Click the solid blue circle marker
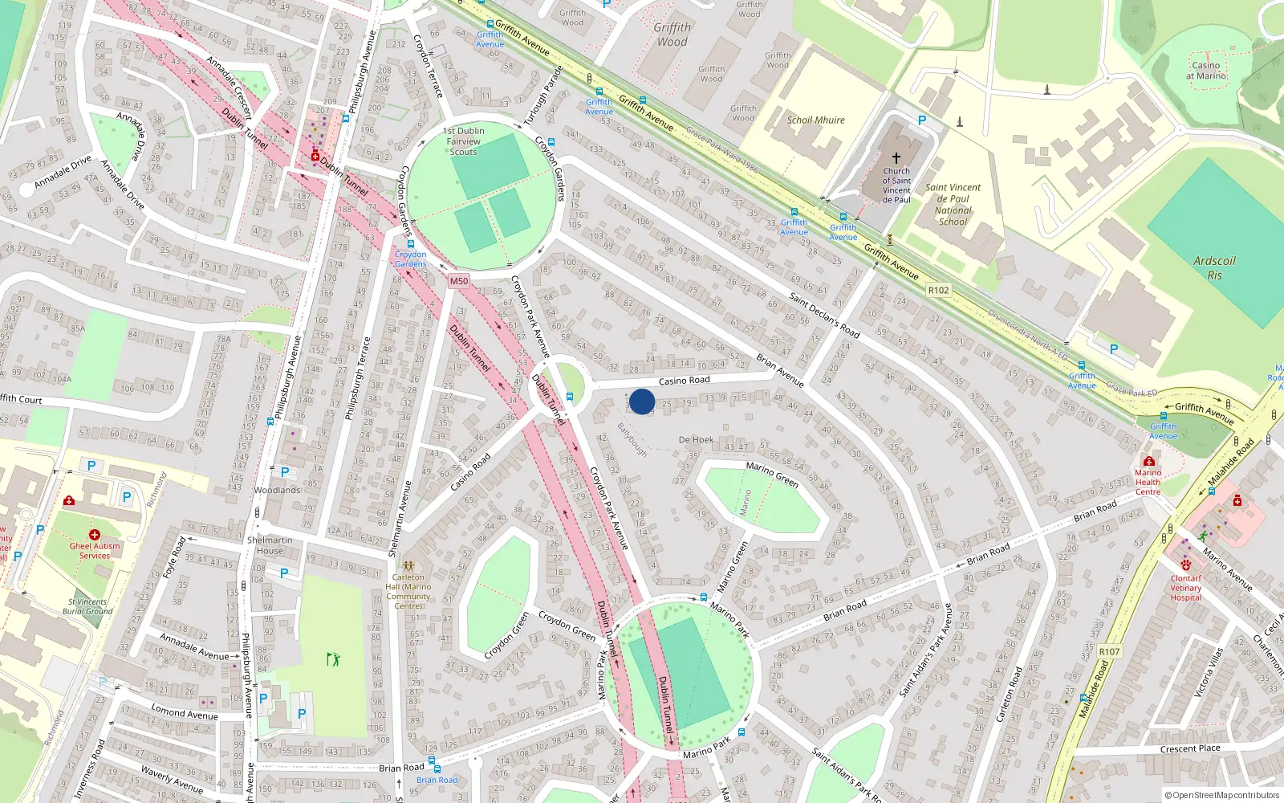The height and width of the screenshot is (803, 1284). [642, 401]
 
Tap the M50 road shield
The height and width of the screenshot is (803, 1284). [459, 281]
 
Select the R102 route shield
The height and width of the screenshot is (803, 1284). [938, 291]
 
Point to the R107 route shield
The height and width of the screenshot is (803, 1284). [1109, 651]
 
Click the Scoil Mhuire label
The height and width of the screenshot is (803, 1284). [815, 120]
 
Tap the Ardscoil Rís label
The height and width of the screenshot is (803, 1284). [1214, 267]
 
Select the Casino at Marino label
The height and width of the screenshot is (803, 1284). [1206, 71]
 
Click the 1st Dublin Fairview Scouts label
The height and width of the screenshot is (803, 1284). [464, 141]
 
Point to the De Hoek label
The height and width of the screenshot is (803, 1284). [696, 440]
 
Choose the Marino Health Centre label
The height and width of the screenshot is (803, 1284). [1148, 482]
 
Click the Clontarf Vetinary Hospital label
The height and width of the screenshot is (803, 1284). [1186, 588]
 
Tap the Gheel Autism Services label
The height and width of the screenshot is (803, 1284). [95, 550]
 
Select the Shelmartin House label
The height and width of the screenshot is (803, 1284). [270, 545]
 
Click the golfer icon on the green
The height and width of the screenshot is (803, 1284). [333, 659]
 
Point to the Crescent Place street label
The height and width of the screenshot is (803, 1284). [1190, 748]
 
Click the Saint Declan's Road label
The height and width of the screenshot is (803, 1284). [824, 315]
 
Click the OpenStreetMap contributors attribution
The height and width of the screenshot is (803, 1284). [1221, 796]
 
